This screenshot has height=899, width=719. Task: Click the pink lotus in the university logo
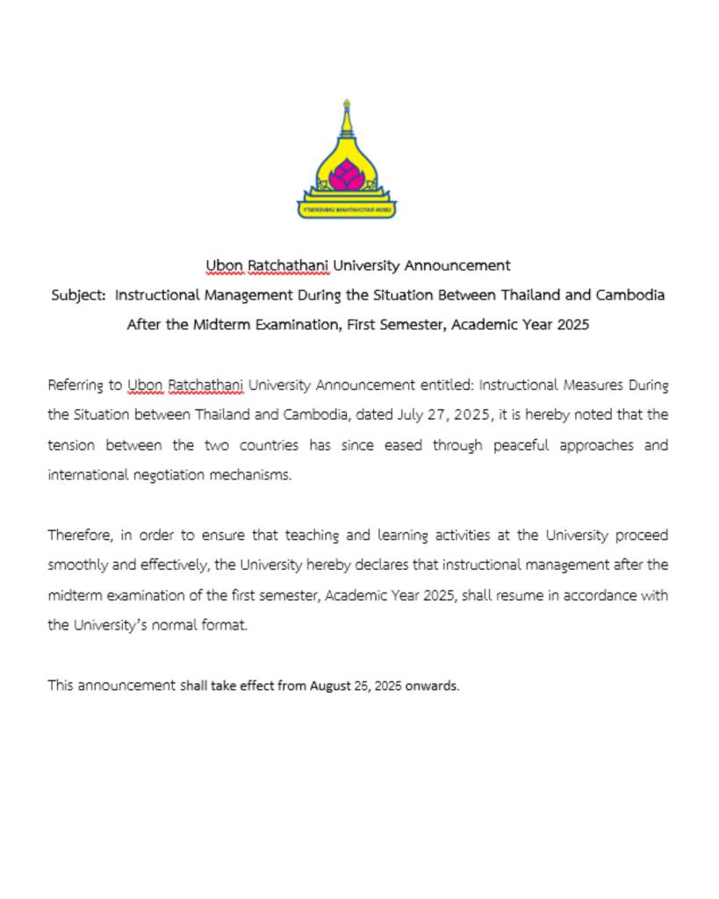[346, 176]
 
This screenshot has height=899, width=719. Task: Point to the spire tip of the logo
[347, 104]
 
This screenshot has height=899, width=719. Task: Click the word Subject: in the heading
[78, 295]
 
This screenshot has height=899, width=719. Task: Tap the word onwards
[432, 686]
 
